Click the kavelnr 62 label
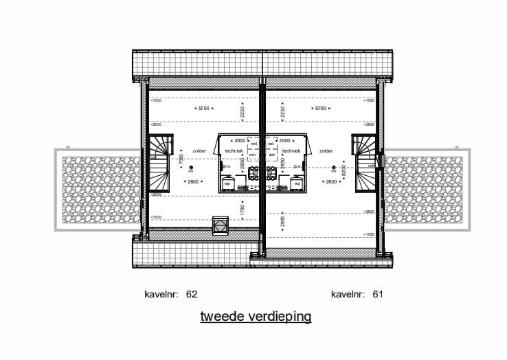172,294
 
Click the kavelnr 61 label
357,294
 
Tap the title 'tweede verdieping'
256,317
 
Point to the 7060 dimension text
181,159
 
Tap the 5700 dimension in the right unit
319,109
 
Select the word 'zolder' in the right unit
326,150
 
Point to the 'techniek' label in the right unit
291,150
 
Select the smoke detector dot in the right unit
333,167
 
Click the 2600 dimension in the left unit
194,181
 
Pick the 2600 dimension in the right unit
330,181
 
